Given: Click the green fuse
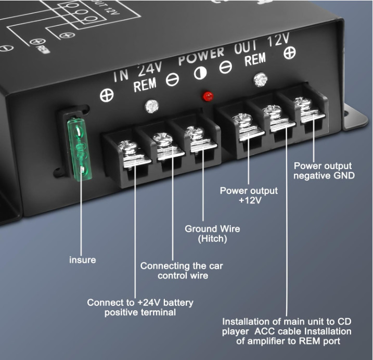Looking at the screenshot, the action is point(80,149).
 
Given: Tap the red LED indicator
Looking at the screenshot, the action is point(208,96).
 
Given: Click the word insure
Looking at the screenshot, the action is point(83,260).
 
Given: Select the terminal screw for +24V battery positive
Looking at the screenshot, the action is point(128,147).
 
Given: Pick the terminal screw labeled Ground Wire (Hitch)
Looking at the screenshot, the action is point(195,133).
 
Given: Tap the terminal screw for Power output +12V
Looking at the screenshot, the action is point(242,120).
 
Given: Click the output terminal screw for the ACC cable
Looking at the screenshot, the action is point(272,111).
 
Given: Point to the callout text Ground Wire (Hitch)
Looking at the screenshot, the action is point(212,234).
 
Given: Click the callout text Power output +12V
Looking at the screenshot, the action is point(249,196).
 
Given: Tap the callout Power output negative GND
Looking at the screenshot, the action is point(324,171).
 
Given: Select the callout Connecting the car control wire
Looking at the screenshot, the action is point(182,271).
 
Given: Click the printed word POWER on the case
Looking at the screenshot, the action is point(201,56).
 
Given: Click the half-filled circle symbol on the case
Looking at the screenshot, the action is point(200,73).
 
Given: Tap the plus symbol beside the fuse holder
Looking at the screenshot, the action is point(107,95).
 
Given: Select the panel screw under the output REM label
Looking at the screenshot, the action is point(261,80).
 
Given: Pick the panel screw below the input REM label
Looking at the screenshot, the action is point(152,106).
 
